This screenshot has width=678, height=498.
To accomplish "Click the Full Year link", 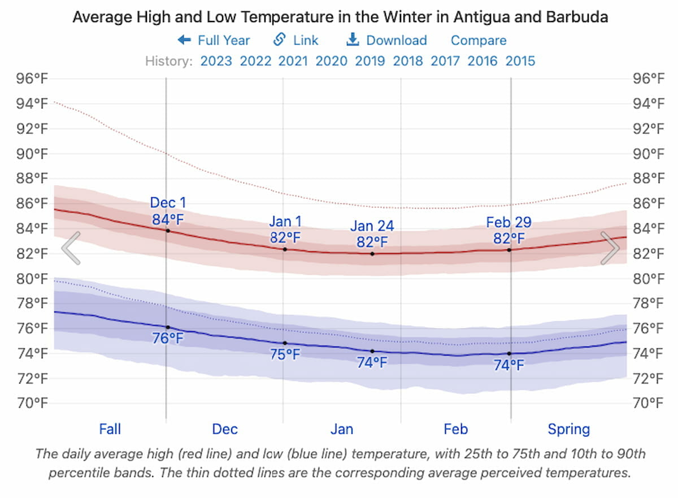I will [x=214, y=41].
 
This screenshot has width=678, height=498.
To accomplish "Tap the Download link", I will [x=386, y=41].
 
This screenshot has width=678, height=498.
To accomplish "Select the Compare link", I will [x=479, y=41].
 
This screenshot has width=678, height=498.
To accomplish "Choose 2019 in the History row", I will [x=370, y=61].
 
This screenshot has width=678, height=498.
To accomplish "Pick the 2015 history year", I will [x=520, y=61].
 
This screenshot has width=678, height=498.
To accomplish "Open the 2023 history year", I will [x=216, y=61].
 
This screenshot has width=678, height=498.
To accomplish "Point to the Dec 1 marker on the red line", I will [x=168, y=231].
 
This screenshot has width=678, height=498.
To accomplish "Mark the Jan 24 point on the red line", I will [x=372, y=254].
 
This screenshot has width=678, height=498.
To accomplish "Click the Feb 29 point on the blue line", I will [x=509, y=354].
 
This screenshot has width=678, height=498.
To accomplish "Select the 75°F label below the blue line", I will [x=285, y=355].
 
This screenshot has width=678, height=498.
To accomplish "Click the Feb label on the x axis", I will [x=455, y=430].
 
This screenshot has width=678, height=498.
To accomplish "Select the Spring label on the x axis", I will [x=568, y=430].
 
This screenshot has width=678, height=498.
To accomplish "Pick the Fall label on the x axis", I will [x=110, y=430].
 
